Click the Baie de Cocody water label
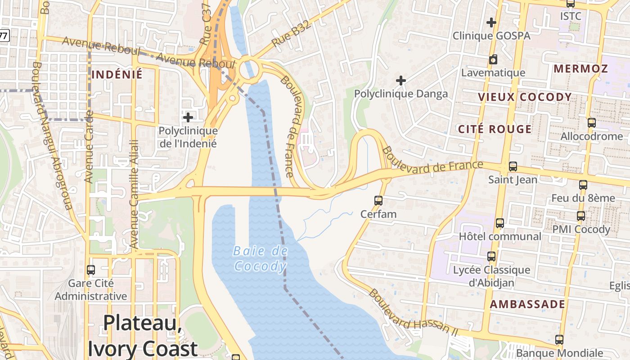pos(260,259)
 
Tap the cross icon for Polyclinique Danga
pos(400,81)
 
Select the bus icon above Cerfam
pos(378,201)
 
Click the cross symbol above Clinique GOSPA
pos(491,22)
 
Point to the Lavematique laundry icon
pos(493,59)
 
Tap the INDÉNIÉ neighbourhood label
pos(117,75)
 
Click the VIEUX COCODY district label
pos(525,97)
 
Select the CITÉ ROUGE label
pos(495,130)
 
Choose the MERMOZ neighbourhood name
pos(580,69)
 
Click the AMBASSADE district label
pos(527,304)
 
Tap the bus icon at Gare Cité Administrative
pos(91,270)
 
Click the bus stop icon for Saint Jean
pos(513,166)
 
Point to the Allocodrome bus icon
pos(592,122)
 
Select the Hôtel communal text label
pos(500,237)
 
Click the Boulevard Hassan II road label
pos(413,313)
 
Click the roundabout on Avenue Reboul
pos(247,69)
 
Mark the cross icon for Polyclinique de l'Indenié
pos(188,118)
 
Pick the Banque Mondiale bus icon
pos(559,340)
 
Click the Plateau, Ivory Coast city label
pos(143,336)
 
